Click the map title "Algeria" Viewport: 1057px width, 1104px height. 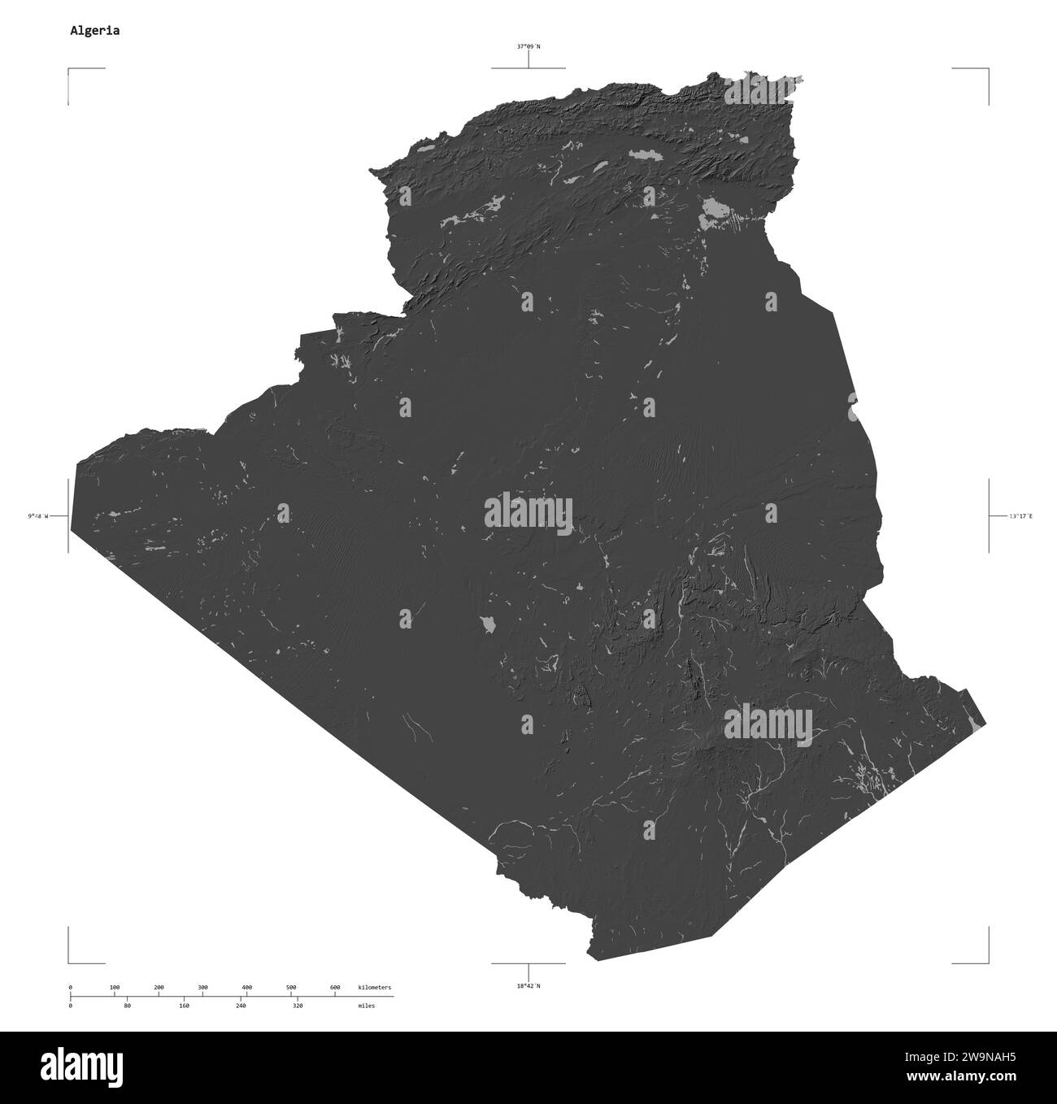95,31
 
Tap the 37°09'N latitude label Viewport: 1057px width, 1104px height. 528,46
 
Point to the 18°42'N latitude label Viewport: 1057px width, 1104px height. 528,986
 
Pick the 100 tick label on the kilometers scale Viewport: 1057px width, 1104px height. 115,987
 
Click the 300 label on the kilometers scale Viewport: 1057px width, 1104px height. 202,987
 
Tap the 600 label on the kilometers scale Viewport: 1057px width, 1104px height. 335,987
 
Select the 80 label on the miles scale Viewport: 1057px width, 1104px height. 127,1006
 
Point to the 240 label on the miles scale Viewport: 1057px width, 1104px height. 241,1006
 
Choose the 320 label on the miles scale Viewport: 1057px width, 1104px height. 298,1006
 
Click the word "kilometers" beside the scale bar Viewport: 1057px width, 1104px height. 375,987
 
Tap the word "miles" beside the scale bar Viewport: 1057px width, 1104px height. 366,1006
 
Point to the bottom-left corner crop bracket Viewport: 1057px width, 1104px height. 70,961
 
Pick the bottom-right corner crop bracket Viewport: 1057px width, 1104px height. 987,961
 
